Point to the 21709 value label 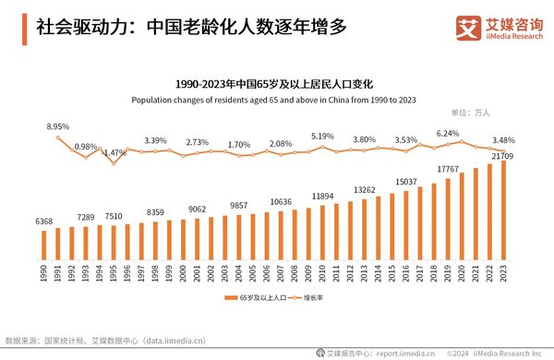click(501, 158)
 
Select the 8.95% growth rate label click(59, 126)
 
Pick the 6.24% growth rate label click(448, 133)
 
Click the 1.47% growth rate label click(114, 152)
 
